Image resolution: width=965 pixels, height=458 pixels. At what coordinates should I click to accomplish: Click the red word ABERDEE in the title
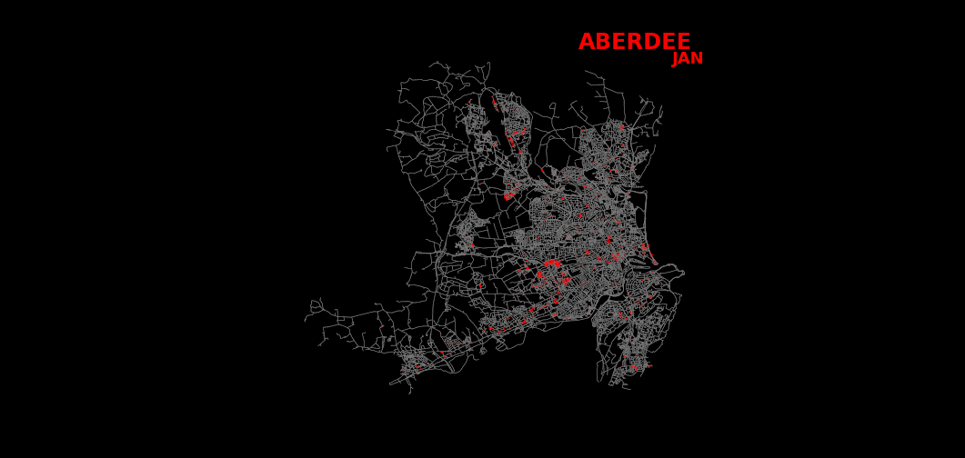pyautogui.click(x=634, y=42)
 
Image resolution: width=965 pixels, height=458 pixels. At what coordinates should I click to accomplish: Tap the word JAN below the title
pyautogui.click(x=687, y=59)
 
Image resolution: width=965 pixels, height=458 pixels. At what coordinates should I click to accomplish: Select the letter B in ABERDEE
pyautogui.click(x=604, y=42)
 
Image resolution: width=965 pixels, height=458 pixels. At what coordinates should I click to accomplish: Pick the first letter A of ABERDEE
pyautogui.click(x=587, y=42)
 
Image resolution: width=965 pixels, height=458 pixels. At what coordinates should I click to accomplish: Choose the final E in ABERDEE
pyautogui.click(x=683, y=42)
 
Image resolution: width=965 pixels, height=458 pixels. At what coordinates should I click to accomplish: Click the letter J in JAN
pyautogui.click(x=676, y=59)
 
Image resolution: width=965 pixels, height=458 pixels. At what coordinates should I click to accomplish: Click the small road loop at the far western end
pyautogui.click(x=316, y=306)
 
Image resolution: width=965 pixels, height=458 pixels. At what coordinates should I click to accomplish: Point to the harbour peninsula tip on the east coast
pyautogui.click(x=682, y=272)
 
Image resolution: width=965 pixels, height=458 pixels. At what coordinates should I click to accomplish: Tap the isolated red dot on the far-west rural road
pyautogui.click(x=382, y=327)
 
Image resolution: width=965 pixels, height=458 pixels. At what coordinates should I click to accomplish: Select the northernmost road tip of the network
pyautogui.click(x=488, y=63)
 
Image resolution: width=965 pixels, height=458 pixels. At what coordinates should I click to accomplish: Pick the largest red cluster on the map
pyautogui.click(x=551, y=264)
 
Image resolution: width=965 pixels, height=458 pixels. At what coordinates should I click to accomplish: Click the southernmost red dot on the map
pyautogui.click(x=634, y=368)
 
